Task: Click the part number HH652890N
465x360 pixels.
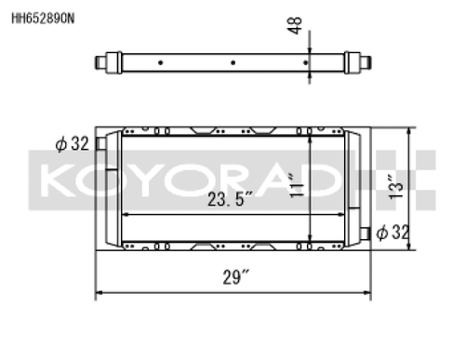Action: (x=43, y=14)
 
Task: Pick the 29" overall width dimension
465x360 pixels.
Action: (x=235, y=277)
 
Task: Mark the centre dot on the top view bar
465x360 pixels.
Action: (x=232, y=63)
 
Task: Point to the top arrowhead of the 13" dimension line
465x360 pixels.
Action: (x=407, y=129)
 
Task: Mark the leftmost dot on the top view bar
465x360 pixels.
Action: (x=162, y=63)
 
